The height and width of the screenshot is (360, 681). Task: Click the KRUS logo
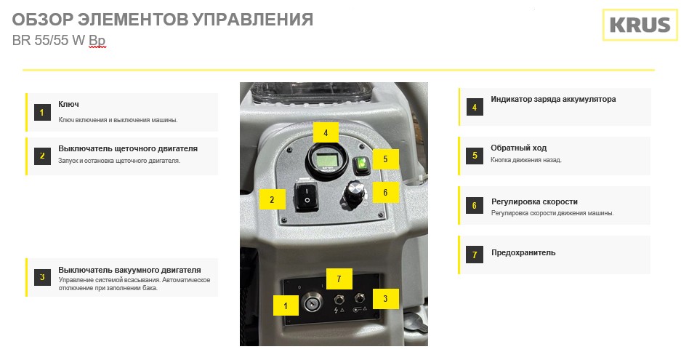pos(640,25)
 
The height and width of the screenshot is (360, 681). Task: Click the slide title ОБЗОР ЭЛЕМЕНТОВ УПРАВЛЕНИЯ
pos(162,20)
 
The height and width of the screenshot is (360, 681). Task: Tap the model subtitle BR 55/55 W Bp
pos(59,41)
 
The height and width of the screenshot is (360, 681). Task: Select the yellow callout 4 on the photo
pos(326,132)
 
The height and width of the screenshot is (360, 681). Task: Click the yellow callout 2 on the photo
pos(273,199)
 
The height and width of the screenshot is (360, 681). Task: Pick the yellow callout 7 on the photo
pos(339,279)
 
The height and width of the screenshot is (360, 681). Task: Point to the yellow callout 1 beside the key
pos(286,305)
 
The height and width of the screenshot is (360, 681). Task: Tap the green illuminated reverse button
pos(361,165)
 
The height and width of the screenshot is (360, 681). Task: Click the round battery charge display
pos(326,161)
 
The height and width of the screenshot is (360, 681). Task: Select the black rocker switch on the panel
pos(306,196)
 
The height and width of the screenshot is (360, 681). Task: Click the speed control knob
pos(353,194)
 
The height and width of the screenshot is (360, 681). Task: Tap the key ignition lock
pos(313,301)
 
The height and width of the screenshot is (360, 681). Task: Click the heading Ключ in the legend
pos(68,104)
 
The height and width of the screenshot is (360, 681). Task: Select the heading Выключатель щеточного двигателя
pos(128,148)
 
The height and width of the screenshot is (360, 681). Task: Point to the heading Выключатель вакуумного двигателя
pos(129,270)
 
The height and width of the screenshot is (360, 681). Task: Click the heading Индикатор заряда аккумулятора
pos(553,99)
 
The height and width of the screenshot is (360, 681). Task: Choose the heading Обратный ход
pos(519,148)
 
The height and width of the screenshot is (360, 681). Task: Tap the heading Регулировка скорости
pos(534,201)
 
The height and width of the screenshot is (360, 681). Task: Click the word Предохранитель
pos(523,252)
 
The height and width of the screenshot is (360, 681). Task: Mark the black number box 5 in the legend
pos(475,156)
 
